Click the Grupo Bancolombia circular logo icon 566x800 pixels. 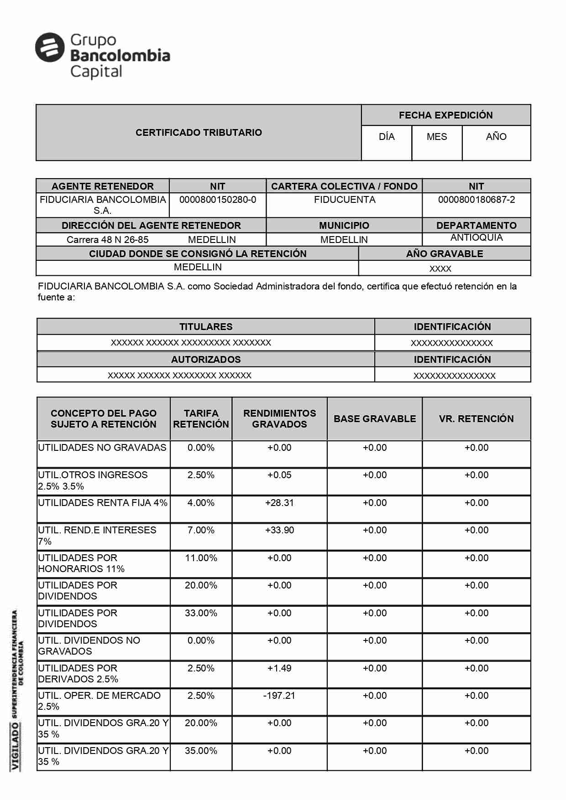(50, 47)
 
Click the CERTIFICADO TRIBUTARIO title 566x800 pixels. (199, 133)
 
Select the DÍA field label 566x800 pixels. (387, 137)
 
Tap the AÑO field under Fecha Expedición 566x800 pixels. (496, 137)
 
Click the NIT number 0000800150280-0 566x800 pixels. (218, 200)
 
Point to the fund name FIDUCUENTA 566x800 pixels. (345, 200)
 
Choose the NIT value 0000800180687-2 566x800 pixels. (477, 200)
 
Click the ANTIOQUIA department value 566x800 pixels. (477, 237)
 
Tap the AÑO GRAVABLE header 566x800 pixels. (445, 254)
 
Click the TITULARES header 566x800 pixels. (206, 327)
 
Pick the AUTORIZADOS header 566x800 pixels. (206, 360)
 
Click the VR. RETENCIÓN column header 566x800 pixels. (476, 419)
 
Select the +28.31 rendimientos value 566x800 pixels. (279, 503)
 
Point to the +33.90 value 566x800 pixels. (279, 530)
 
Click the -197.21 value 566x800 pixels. (279, 696)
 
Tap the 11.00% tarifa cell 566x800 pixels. (201, 558)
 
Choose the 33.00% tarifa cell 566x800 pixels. (201, 613)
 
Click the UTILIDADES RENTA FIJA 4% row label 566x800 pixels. (103, 503)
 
